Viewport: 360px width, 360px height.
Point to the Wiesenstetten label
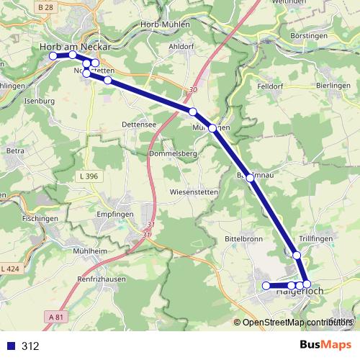195,192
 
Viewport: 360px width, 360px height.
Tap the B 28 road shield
45,7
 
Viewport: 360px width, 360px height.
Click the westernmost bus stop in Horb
53,55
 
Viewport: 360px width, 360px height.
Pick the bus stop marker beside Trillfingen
297,255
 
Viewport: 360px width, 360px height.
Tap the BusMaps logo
325,345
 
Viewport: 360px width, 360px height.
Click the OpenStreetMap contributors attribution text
296,323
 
